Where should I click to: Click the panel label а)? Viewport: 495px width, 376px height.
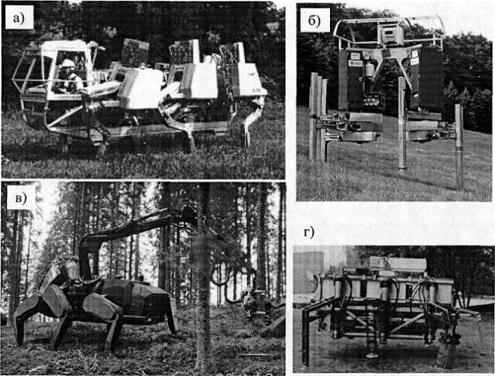19,19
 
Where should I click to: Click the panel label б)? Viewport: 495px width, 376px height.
314,21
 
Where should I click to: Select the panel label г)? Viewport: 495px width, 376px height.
309,232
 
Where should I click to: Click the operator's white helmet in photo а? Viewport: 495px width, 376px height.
67,63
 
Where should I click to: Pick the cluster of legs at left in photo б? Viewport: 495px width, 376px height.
318,117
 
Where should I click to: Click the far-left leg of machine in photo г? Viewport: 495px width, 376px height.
305,335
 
